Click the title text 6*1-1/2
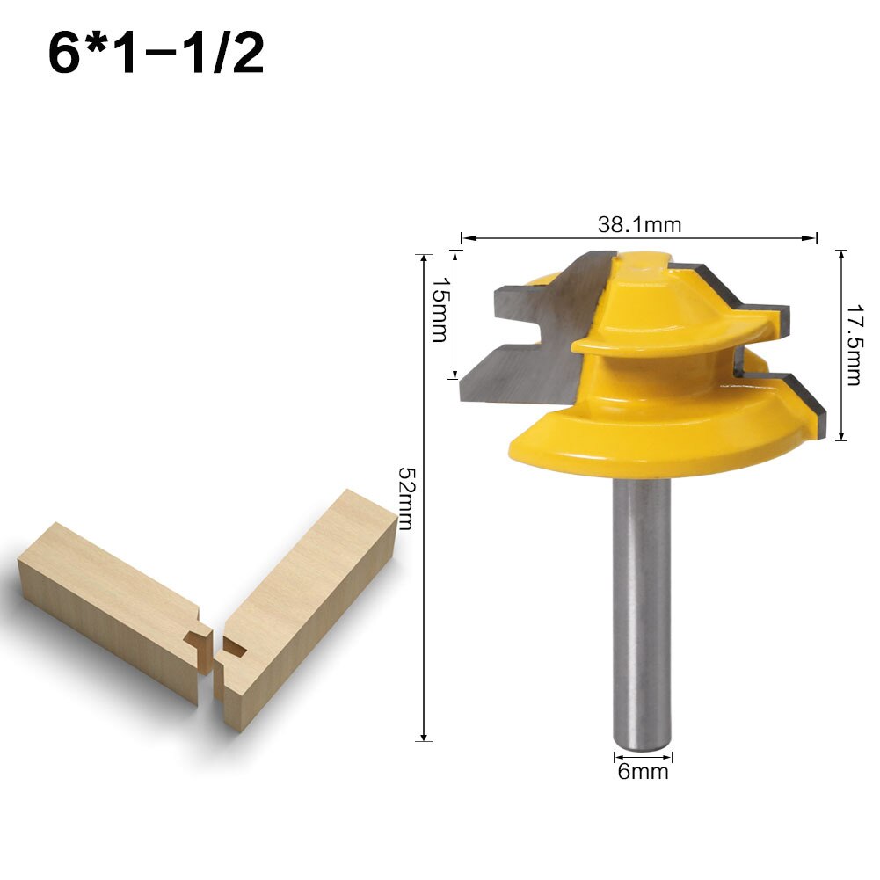tap(156, 55)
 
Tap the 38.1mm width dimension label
tap(639, 224)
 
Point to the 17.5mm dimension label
tap(852, 345)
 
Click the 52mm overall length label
tap(405, 497)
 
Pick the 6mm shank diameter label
tap(642, 772)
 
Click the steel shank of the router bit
tap(641, 615)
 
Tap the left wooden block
tap(110, 607)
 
